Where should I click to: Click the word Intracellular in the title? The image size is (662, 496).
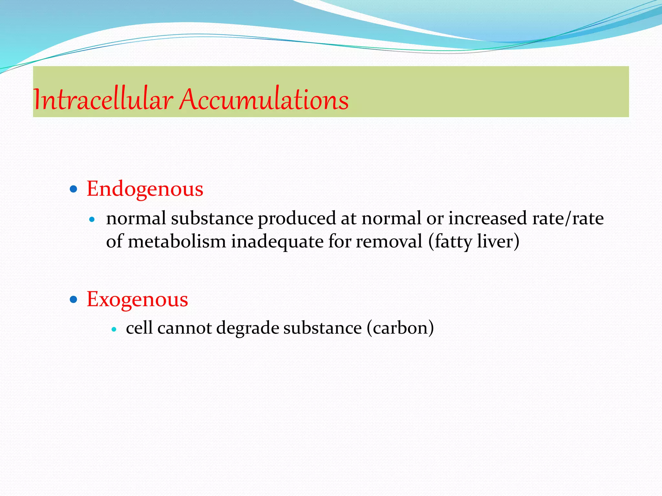(x=103, y=99)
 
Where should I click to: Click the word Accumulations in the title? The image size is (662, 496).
(x=264, y=99)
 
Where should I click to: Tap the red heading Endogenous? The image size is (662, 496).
(x=145, y=189)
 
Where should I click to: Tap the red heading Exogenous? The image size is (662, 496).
(x=137, y=299)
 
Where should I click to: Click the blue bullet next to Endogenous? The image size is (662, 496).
(x=74, y=189)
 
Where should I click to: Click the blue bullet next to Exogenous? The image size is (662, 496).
(x=74, y=300)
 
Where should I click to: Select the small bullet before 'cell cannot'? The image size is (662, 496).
(x=113, y=329)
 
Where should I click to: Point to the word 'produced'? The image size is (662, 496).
(x=296, y=219)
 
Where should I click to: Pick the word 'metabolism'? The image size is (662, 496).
(x=176, y=242)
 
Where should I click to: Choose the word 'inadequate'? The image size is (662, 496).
(x=277, y=242)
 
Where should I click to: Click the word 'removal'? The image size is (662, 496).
(x=389, y=242)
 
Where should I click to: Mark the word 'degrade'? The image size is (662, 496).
(x=248, y=328)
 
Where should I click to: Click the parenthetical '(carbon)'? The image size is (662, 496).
(x=400, y=328)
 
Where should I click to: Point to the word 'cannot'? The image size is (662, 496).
(x=184, y=328)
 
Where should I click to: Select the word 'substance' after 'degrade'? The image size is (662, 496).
(x=322, y=328)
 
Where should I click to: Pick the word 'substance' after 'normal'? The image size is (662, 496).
(x=212, y=219)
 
